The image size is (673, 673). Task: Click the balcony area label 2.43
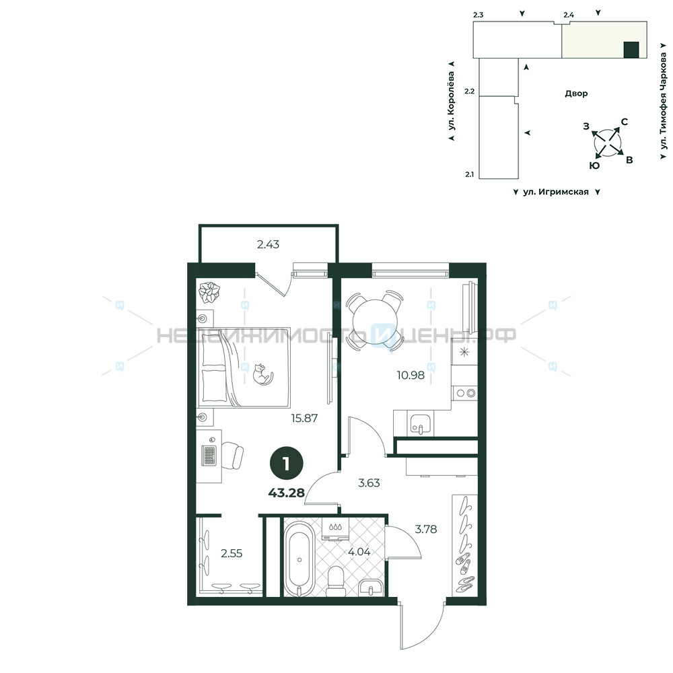[268, 244]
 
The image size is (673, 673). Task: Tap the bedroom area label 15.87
[304, 418]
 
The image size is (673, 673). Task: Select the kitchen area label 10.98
[411, 375]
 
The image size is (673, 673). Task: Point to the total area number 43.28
[286, 493]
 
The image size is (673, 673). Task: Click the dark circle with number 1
[286, 464]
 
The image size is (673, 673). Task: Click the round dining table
[375, 320]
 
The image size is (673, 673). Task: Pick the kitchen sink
[420, 425]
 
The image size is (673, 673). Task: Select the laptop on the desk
[209, 455]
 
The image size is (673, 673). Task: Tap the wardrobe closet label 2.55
[232, 553]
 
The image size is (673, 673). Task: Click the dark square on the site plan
[631, 50]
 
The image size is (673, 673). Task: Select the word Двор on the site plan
[576, 94]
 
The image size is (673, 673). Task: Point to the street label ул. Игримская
[556, 192]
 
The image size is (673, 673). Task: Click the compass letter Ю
[595, 166]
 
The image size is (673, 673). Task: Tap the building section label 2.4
[569, 15]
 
